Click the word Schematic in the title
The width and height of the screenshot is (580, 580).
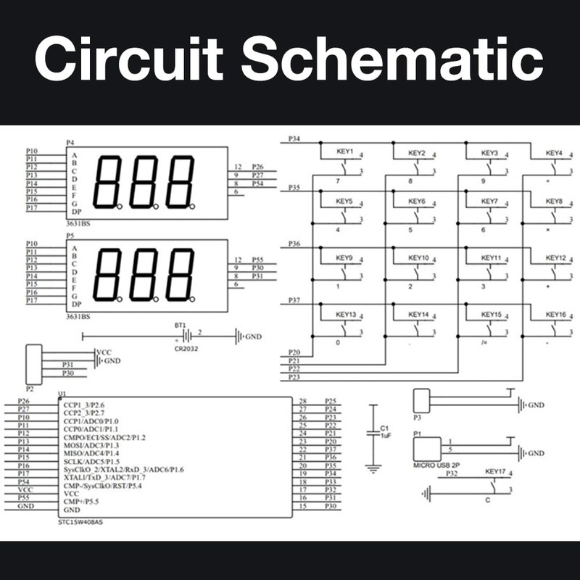(x=392, y=61)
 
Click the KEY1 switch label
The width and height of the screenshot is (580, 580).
(x=344, y=153)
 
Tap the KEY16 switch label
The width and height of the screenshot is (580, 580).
(x=555, y=315)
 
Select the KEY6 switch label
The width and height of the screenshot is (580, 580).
(x=416, y=201)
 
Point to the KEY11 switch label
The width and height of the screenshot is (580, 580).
(x=491, y=258)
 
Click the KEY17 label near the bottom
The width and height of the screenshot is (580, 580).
(x=497, y=473)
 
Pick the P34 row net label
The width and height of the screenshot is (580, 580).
(x=294, y=138)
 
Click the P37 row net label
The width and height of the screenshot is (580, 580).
(x=294, y=300)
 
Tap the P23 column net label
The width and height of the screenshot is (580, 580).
(x=294, y=377)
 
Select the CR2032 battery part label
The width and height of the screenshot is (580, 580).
(x=186, y=349)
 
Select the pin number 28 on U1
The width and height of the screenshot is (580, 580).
(x=303, y=401)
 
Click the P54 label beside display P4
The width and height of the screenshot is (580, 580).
(x=257, y=184)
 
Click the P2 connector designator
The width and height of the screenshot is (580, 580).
(x=30, y=378)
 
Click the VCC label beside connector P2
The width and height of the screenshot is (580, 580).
(x=104, y=352)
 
